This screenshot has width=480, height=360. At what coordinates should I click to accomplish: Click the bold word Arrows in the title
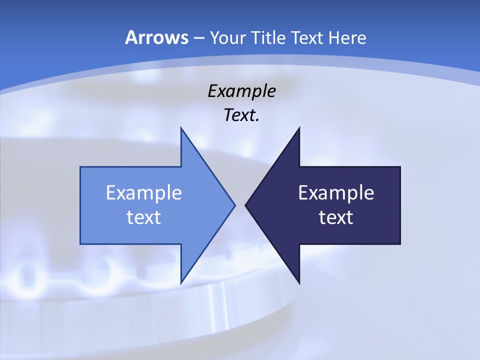pyautogui.click(x=156, y=38)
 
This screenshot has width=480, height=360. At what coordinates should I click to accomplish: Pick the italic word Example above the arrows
pyautogui.click(x=241, y=91)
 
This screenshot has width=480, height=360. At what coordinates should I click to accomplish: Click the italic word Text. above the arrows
pyautogui.click(x=241, y=115)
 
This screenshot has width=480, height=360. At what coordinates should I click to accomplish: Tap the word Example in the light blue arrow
pyautogui.click(x=144, y=193)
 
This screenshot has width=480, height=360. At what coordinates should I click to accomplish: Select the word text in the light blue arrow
pyautogui.click(x=144, y=217)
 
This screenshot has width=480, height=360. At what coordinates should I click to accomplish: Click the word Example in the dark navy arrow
pyautogui.click(x=336, y=193)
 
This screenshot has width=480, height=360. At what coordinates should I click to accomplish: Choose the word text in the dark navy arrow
pyautogui.click(x=336, y=217)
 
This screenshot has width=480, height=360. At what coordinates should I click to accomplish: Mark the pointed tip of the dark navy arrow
pyautogui.click(x=246, y=205)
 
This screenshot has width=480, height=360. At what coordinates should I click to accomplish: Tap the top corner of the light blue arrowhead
pyautogui.click(x=181, y=128)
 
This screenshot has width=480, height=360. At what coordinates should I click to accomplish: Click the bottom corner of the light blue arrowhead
pyautogui.click(x=181, y=282)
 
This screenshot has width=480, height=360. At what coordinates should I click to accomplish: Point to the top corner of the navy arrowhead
pyautogui.click(x=299, y=128)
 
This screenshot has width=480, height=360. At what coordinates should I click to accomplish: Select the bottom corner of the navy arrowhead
pyautogui.click(x=299, y=282)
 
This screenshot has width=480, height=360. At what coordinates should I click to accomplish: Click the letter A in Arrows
pyautogui.click(x=130, y=38)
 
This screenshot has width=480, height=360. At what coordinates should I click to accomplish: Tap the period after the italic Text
pyautogui.click(x=257, y=120)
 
